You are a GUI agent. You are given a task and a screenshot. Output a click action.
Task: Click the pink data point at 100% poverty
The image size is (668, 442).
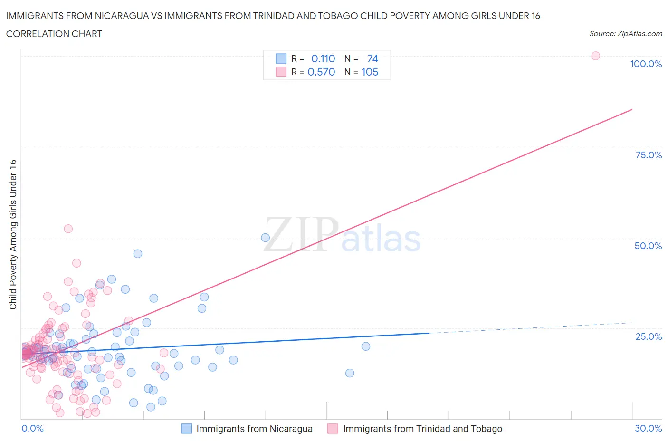click(595, 56)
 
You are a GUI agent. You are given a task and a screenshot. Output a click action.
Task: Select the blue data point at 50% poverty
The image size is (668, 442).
click(266, 238)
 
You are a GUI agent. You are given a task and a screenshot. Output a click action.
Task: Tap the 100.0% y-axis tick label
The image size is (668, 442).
click(646, 64)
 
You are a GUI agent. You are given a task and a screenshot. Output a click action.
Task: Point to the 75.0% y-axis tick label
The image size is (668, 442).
click(649, 155)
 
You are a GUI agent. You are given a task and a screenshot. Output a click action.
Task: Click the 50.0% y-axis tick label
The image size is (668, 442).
click(648, 246)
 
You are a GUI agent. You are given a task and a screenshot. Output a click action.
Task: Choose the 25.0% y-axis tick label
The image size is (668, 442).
click(649, 336)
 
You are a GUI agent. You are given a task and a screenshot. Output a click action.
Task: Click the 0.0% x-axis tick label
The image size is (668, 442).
click(32, 428)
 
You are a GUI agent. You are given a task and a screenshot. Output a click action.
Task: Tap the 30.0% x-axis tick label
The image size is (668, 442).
click(648, 428)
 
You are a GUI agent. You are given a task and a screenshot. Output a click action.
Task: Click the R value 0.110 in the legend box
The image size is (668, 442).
click(323, 58)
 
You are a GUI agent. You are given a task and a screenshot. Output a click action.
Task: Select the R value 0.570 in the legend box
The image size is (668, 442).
click(321, 72)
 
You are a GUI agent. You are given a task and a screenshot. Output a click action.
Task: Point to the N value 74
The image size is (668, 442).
click(372, 58)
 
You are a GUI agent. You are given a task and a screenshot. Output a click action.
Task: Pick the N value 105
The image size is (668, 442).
click(370, 72)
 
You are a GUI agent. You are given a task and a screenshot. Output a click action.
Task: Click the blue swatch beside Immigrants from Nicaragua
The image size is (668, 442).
click(187, 429)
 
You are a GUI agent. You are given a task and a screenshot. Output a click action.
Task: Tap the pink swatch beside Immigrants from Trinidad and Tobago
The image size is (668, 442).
click(333, 429)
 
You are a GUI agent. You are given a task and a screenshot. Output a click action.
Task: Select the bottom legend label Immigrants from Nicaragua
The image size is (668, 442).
click(254, 429)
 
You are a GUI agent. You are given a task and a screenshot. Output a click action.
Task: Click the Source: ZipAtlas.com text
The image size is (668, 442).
click(625, 33)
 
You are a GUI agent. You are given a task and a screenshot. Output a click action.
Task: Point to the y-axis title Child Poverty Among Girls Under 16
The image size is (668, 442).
click(13, 234)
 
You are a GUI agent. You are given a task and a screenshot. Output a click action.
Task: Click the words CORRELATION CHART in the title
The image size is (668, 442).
click(54, 34)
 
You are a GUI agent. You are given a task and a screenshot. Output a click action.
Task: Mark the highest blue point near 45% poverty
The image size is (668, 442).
click(138, 253)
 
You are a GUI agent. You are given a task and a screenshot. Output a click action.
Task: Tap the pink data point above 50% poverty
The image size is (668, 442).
click(68, 229)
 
